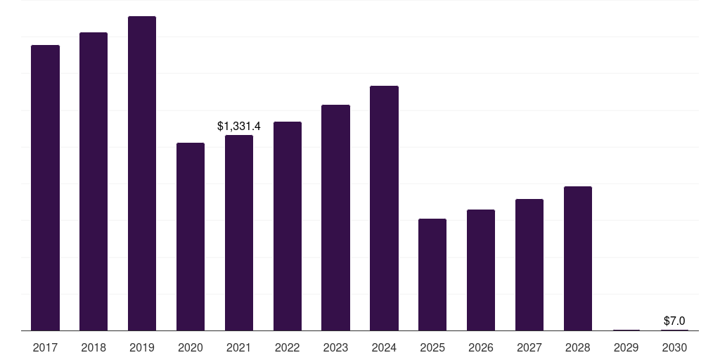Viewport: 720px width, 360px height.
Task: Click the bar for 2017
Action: point(45,188)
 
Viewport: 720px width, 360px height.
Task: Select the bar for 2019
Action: point(142,174)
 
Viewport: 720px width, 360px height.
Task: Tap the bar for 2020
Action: point(191,237)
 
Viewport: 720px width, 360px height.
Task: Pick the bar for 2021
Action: point(239,233)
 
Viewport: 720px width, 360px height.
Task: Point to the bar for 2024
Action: point(384,208)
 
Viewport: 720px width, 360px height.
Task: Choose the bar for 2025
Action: point(432,275)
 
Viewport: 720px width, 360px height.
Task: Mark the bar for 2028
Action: point(578,259)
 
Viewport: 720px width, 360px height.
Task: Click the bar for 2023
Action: point(335,218)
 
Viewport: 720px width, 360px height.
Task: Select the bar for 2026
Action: point(481,270)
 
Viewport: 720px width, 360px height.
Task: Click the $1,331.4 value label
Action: point(239,127)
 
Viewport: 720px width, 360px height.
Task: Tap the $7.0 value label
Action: point(674,321)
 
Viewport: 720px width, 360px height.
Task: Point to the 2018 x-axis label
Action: point(94,347)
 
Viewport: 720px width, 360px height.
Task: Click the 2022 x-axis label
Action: point(288,347)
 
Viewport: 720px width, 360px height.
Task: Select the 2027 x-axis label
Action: point(529,347)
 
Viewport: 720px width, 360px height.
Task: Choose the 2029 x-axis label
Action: point(626,347)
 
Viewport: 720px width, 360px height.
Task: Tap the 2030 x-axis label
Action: point(674,347)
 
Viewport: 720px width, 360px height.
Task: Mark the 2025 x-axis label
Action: point(432,347)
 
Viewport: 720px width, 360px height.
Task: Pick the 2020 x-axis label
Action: point(191,347)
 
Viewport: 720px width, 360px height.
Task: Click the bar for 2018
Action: point(94,181)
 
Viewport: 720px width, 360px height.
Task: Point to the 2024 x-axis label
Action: point(384,347)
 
